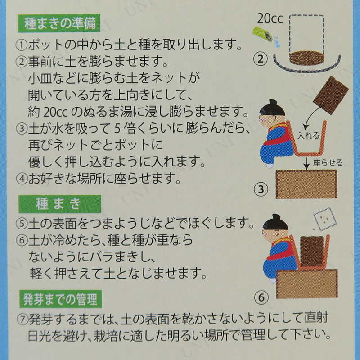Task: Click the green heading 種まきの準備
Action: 59,23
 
